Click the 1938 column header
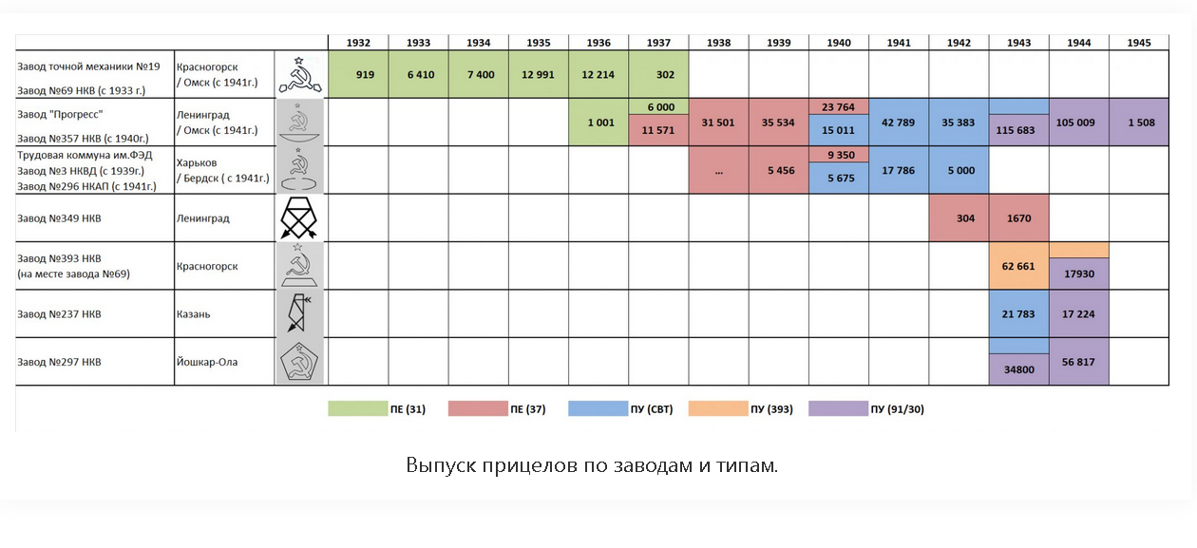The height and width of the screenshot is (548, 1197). tap(719, 43)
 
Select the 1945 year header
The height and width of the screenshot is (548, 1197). tap(1139, 43)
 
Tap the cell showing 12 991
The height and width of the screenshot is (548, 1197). tap(538, 74)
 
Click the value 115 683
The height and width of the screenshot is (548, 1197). tap(1019, 130)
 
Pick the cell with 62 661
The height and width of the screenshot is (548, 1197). tap(1019, 266)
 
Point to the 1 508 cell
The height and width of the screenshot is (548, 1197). tap(1139, 123)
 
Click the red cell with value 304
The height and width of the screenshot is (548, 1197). tap(959, 217)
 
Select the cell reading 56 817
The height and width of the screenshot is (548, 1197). tap(1079, 362)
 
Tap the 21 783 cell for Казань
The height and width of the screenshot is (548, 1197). tap(1019, 314)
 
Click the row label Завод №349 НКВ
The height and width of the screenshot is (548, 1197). tap(59, 218)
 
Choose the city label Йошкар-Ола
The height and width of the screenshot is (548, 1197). tap(207, 362)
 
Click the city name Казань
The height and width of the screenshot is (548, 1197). tap(194, 314)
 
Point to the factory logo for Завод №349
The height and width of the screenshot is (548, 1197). tap(299, 217)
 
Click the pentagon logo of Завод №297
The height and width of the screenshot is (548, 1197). tap(299, 362)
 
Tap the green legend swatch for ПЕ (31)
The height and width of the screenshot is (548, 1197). tap(358, 408)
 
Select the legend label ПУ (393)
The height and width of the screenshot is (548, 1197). tap(771, 409)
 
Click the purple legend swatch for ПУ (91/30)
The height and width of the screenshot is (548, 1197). tap(839, 408)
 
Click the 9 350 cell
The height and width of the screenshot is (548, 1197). tap(839, 155)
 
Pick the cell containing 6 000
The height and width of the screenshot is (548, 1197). tap(659, 106)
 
